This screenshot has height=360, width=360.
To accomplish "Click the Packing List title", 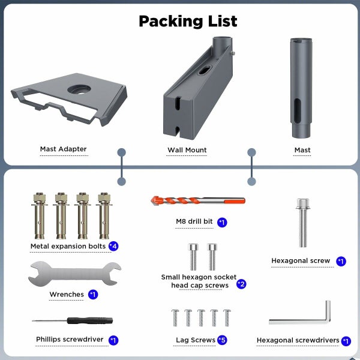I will point(188,21).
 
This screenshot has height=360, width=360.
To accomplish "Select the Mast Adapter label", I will point(64,149).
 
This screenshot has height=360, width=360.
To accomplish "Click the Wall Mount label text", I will point(187,150).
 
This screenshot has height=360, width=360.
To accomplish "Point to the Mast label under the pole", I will point(302,150).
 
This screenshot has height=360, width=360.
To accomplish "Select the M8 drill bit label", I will point(194,221).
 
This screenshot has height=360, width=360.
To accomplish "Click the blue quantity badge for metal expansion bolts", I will point(113,246).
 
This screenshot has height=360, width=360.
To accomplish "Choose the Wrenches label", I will point(66,295).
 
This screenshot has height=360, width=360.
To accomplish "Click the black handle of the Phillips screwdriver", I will point(88,321).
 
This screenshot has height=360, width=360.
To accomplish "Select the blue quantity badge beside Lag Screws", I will point(222,340).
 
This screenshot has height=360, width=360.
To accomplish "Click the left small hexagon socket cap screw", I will point(193,256).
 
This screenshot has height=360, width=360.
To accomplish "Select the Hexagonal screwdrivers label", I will point(298,340).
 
